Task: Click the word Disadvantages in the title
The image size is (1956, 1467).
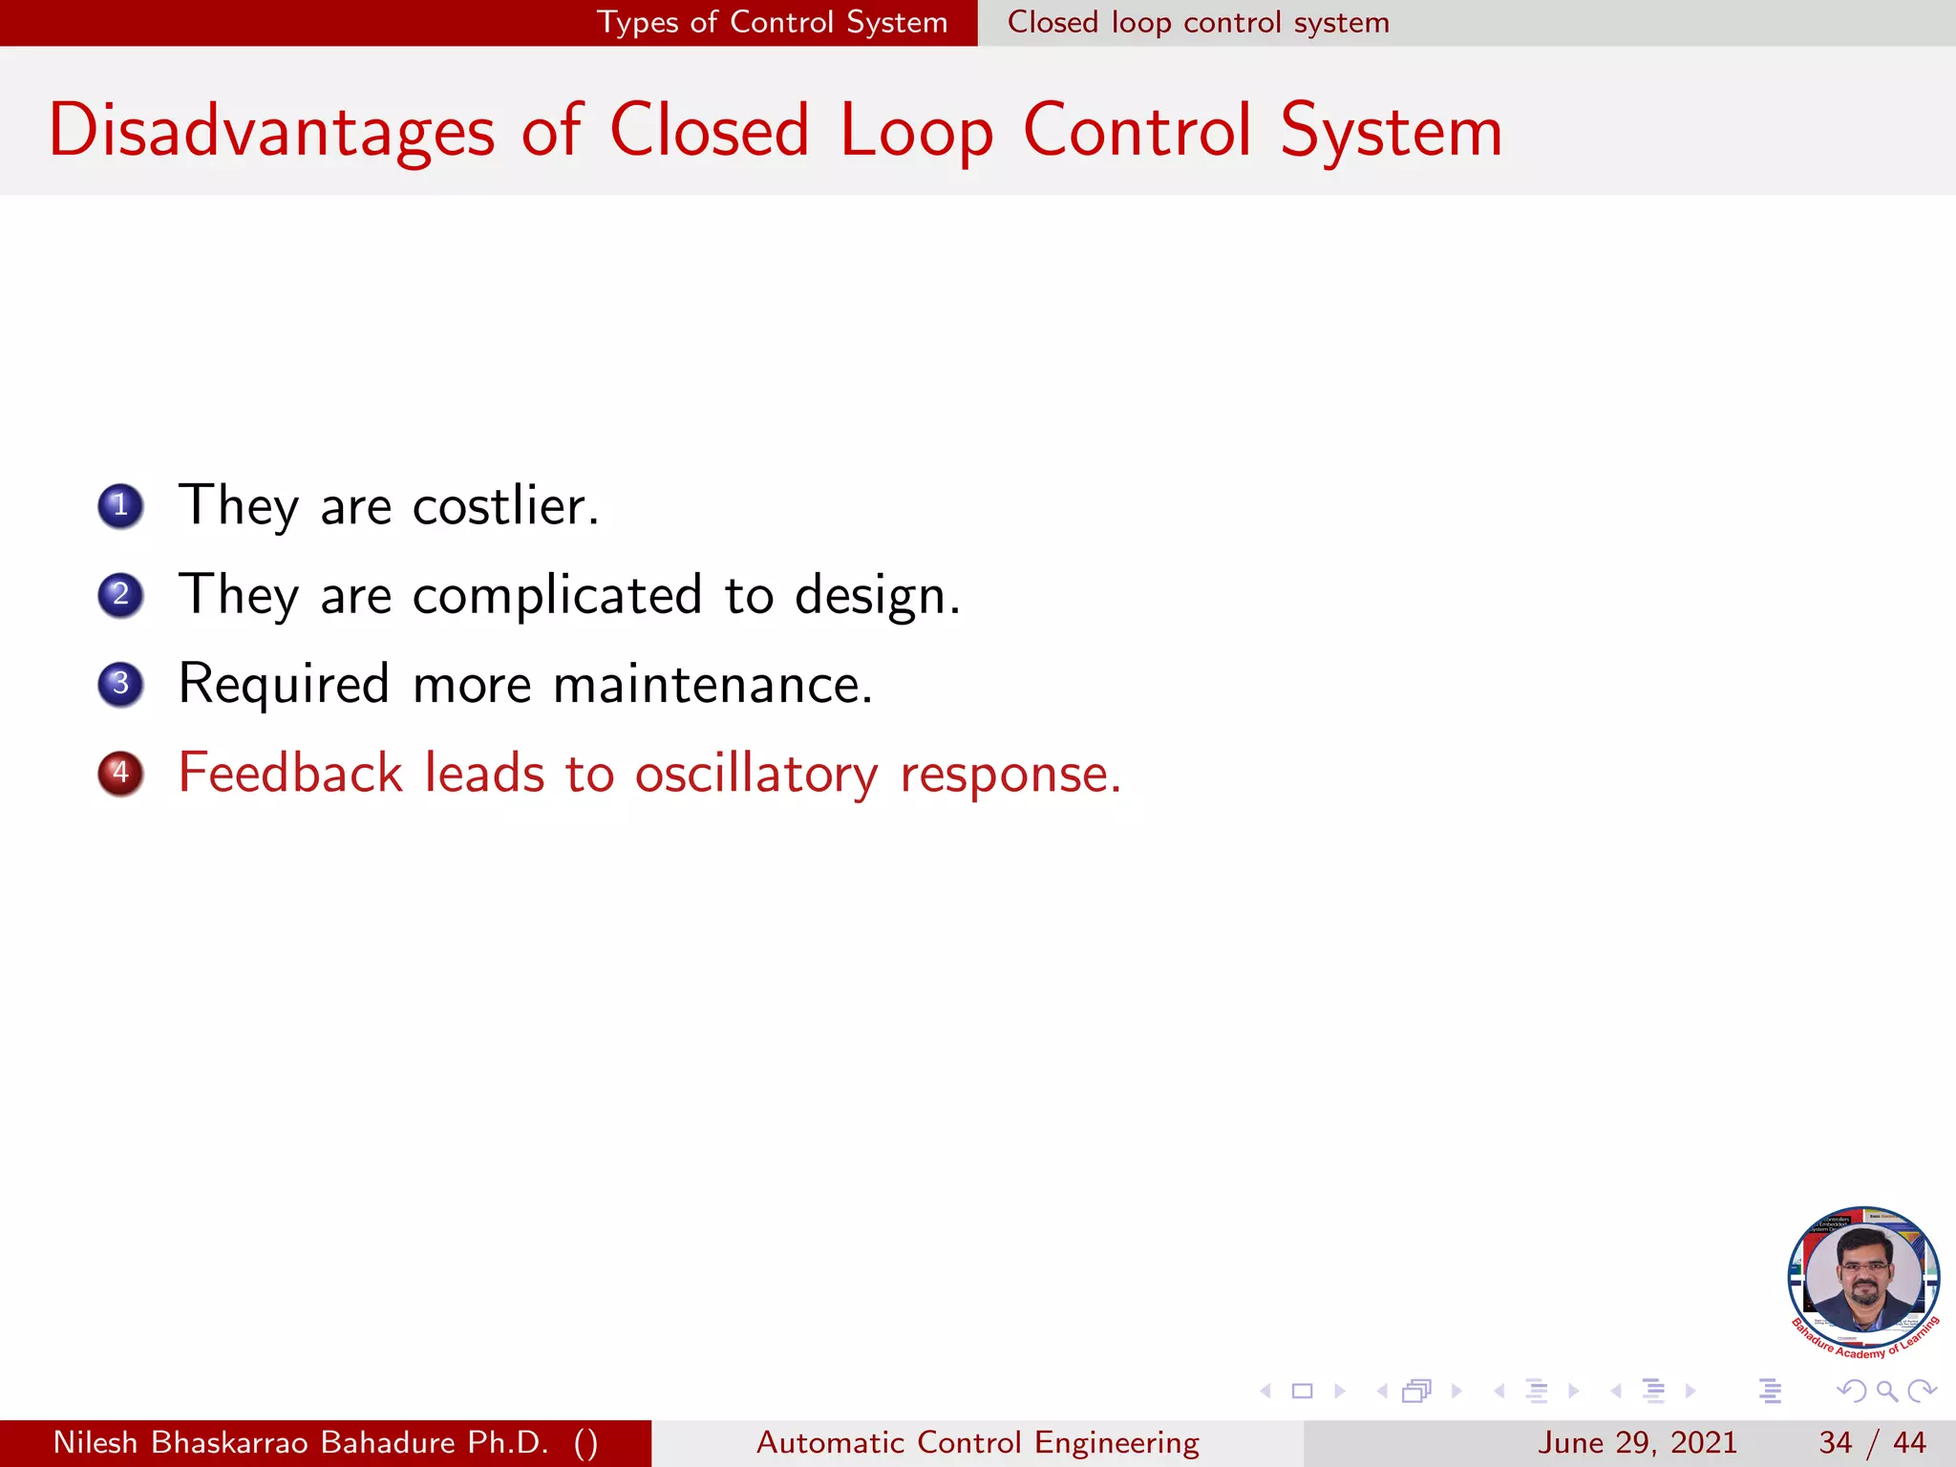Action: pos(271,132)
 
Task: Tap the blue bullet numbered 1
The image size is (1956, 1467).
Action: pos(120,505)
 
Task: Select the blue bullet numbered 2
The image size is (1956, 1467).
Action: pos(120,595)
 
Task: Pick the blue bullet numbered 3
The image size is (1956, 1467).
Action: pos(120,684)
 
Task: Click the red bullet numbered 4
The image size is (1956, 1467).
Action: pos(120,773)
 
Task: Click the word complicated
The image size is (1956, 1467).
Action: pos(557,595)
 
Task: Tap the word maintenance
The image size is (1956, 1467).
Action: pos(712,685)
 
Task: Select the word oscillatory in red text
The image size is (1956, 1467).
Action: pos(755,774)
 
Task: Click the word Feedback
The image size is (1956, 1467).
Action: pos(290,773)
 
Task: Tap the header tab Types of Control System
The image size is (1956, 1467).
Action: pos(772,22)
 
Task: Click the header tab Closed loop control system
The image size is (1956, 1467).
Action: pos(1198,22)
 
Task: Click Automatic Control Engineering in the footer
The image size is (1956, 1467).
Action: pos(977,1442)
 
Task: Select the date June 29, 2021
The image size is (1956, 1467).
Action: pos(1636,1442)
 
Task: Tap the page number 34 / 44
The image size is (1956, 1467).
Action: pos(1872,1442)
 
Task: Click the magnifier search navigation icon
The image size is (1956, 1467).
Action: pos(1886,1391)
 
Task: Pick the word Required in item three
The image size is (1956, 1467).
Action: pos(284,685)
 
